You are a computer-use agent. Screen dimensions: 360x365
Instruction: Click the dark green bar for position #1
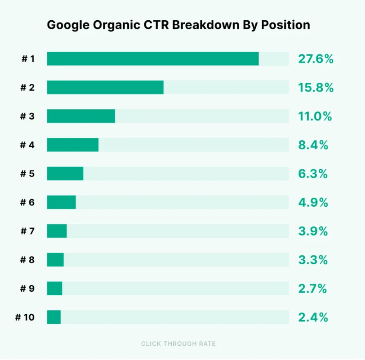click(x=152, y=59)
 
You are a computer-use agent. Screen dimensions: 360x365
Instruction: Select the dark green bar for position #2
click(x=105, y=87)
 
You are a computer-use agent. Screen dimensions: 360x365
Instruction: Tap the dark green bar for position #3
click(x=81, y=116)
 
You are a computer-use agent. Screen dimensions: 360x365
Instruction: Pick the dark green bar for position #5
click(x=65, y=174)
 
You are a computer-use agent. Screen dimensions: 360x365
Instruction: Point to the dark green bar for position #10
click(x=54, y=317)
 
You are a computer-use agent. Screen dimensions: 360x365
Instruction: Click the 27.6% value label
click(x=315, y=59)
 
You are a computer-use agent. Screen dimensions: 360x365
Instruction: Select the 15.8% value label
click(x=315, y=88)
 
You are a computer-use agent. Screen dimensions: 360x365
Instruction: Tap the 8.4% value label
click(x=313, y=145)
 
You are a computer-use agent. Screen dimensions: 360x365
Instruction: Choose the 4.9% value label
click(x=313, y=202)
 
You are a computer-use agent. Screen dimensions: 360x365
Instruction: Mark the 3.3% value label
click(x=313, y=260)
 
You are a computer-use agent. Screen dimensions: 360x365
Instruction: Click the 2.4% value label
click(x=313, y=318)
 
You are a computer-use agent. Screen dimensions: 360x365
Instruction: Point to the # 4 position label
click(x=27, y=145)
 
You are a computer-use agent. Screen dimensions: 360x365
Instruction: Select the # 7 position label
click(x=27, y=231)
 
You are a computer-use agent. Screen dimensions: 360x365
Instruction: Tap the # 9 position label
click(x=27, y=289)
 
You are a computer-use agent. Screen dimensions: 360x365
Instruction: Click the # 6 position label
click(x=27, y=202)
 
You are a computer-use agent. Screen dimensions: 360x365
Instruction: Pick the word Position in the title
click(x=289, y=25)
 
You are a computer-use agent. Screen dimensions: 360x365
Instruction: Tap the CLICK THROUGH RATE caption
click(x=178, y=344)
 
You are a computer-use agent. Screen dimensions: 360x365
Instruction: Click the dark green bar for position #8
click(x=55, y=260)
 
